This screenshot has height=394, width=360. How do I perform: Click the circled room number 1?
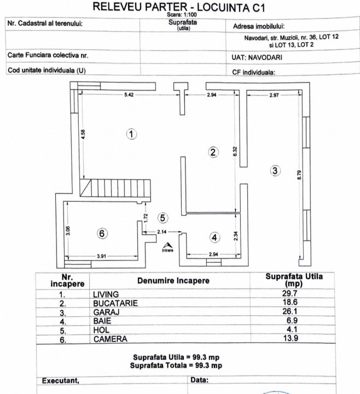(131, 134)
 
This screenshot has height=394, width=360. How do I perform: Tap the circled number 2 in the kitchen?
(214, 153)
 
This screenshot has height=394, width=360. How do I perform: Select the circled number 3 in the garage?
(275, 171)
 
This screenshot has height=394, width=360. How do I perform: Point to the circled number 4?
(215, 237)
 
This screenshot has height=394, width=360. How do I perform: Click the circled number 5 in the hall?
(162, 217)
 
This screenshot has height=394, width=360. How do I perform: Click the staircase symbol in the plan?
(114, 189)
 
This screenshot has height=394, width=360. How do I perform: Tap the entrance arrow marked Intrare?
(168, 246)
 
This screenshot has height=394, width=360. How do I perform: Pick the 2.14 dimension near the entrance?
(161, 232)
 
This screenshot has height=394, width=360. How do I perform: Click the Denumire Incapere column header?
(175, 281)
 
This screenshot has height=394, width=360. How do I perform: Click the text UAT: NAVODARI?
(255, 56)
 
